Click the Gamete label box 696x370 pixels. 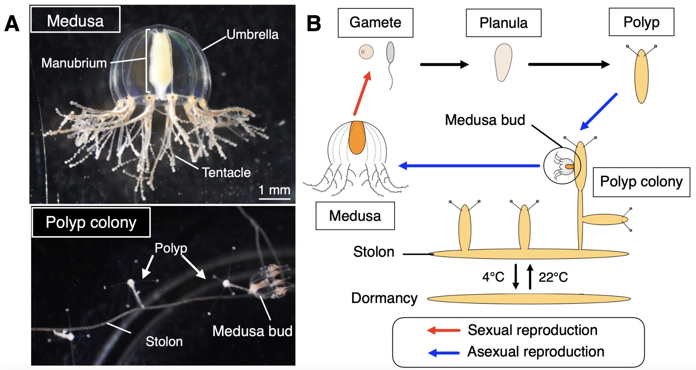(x=375, y=23)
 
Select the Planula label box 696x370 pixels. (x=503, y=23)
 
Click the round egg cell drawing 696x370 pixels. (x=366, y=52)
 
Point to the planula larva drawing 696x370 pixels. (x=503, y=62)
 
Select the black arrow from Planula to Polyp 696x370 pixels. (x=568, y=64)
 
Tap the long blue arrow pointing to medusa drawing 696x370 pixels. (x=469, y=166)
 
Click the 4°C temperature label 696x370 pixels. (x=493, y=277)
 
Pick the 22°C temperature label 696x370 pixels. (x=553, y=277)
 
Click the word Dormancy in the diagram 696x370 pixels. (x=384, y=298)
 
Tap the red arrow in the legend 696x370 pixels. (x=443, y=330)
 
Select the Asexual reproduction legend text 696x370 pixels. (x=536, y=352)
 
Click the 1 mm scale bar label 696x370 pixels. (x=274, y=190)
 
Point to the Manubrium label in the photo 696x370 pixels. (x=74, y=63)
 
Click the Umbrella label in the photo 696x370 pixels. (x=252, y=34)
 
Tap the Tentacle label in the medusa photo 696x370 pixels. (x=226, y=173)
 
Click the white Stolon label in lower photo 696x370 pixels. (x=164, y=341)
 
